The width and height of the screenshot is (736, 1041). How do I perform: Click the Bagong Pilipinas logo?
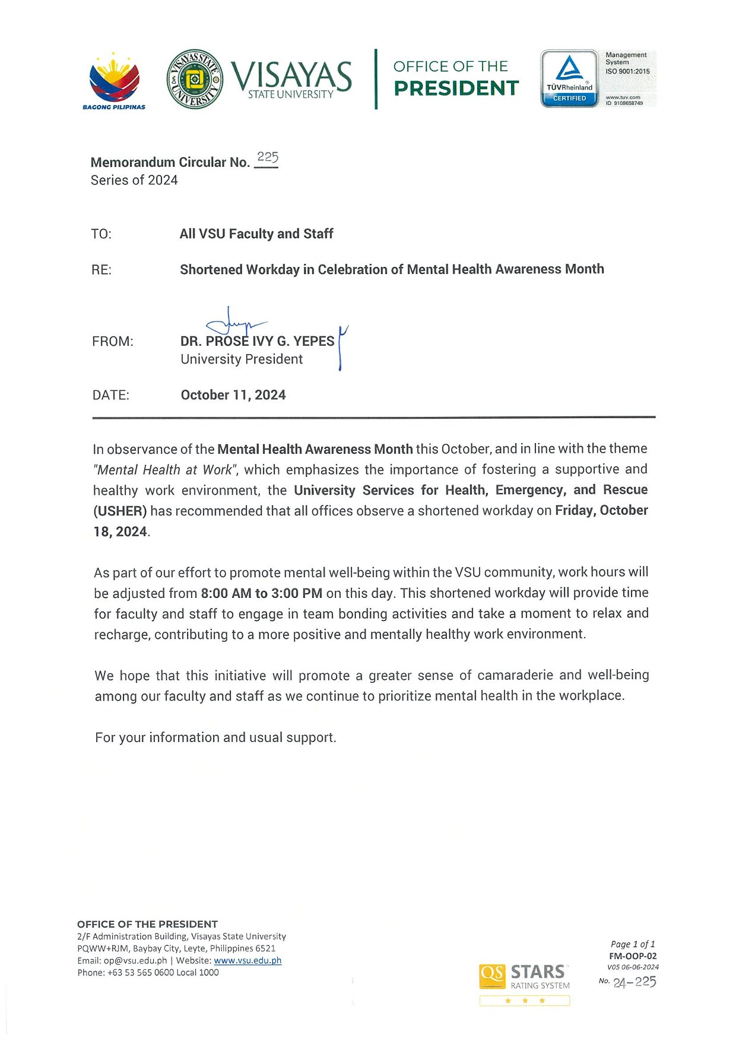[114, 80]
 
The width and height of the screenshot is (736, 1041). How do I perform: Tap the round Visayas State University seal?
[195, 79]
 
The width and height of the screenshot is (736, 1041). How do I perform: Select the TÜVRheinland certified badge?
[569, 78]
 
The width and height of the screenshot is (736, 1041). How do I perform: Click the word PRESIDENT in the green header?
[456, 88]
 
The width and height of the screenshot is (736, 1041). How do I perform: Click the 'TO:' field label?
[101, 234]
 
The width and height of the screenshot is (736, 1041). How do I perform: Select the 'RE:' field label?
[101, 270]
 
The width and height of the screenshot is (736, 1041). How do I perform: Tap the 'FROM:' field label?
[113, 342]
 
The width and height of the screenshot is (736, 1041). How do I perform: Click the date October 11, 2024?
[233, 395]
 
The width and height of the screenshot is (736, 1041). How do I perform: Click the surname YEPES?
[313, 342]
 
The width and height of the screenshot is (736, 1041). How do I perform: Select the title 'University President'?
[242, 359]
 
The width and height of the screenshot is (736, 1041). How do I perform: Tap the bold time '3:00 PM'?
[297, 593]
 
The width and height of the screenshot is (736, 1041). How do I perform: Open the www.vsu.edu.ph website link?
[248, 960]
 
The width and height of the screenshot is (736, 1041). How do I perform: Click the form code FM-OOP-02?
[633, 956]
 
